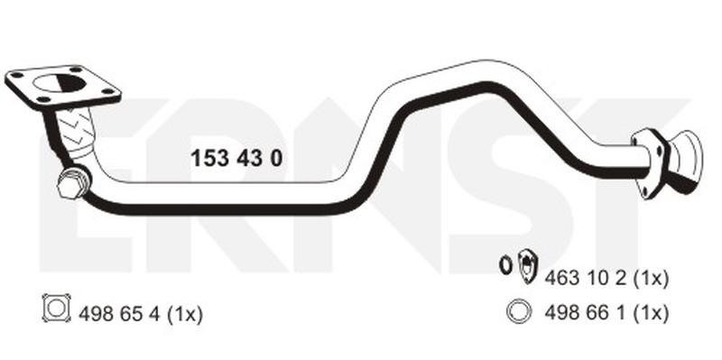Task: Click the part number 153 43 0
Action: point(236,159)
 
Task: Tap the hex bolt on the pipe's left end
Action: point(73,183)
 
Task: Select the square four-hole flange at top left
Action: point(63,88)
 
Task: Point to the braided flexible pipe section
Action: point(76,131)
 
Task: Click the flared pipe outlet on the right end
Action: point(684,161)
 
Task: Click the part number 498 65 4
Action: point(120,315)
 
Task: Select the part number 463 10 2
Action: point(585,278)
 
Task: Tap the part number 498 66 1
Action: point(585,313)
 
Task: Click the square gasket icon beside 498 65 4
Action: point(57,308)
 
